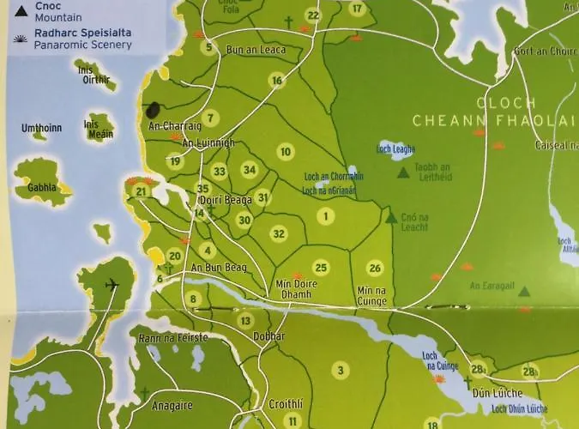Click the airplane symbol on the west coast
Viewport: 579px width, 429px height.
tap(111, 285)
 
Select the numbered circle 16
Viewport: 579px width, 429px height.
tap(276, 81)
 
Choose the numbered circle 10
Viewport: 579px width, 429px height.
tap(286, 152)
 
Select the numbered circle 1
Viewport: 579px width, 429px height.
tap(325, 216)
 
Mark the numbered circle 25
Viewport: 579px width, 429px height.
tap(321, 268)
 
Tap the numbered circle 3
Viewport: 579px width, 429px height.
tap(341, 371)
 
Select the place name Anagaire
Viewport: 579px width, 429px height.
tap(172, 406)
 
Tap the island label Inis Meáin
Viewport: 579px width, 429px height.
tap(98, 129)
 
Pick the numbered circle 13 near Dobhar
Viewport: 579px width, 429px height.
tap(246, 321)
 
